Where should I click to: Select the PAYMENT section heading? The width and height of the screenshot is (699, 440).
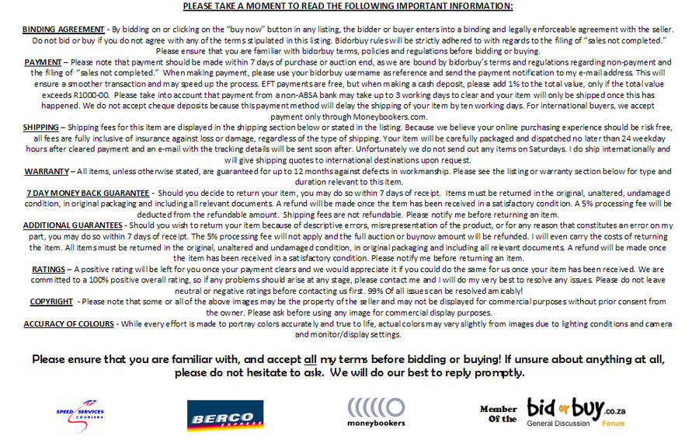[43, 61]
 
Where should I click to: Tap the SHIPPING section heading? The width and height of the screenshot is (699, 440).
[40, 127]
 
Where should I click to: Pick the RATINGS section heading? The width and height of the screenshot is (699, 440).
[48, 268]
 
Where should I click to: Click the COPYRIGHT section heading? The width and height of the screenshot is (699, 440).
[51, 301]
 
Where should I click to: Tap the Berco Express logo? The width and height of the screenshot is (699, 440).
[220, 414]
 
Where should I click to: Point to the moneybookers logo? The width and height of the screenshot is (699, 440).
[376, 413]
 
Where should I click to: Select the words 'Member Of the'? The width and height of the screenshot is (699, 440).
[498, 414]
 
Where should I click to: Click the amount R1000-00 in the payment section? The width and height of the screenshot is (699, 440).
[84, 94]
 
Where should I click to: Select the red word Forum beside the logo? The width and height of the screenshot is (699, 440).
[613, 424]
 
